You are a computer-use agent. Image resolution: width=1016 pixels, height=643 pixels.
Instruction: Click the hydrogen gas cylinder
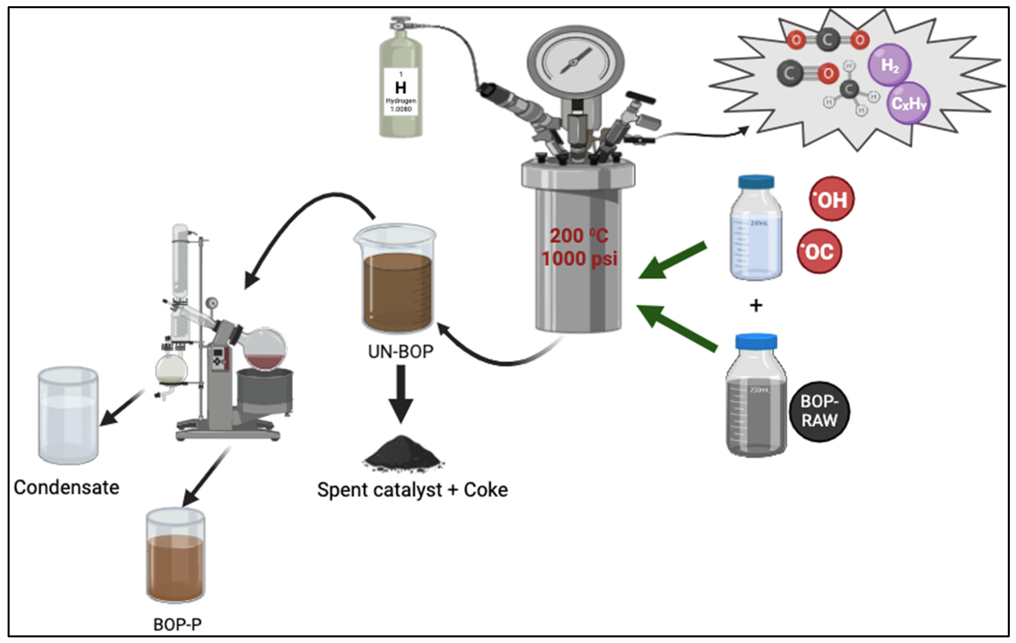click(x=400, y=84)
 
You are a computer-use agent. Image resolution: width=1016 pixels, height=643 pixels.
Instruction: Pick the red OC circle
click(x=819, y=252)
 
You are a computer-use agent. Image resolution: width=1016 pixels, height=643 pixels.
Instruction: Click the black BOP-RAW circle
click(x=819, y=412)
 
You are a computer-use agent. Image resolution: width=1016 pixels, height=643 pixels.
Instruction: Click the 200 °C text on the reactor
click(x=579, y=236)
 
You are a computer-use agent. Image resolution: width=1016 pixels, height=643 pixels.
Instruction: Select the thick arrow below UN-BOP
click(x=401, y=393)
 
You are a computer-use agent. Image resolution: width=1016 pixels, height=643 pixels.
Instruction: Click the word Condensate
click(x=66, y=488)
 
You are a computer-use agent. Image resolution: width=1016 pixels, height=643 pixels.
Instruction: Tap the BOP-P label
click(x=177, y=624)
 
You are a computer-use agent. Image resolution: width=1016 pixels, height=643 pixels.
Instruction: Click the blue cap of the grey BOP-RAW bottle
click(x=756, y=341)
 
